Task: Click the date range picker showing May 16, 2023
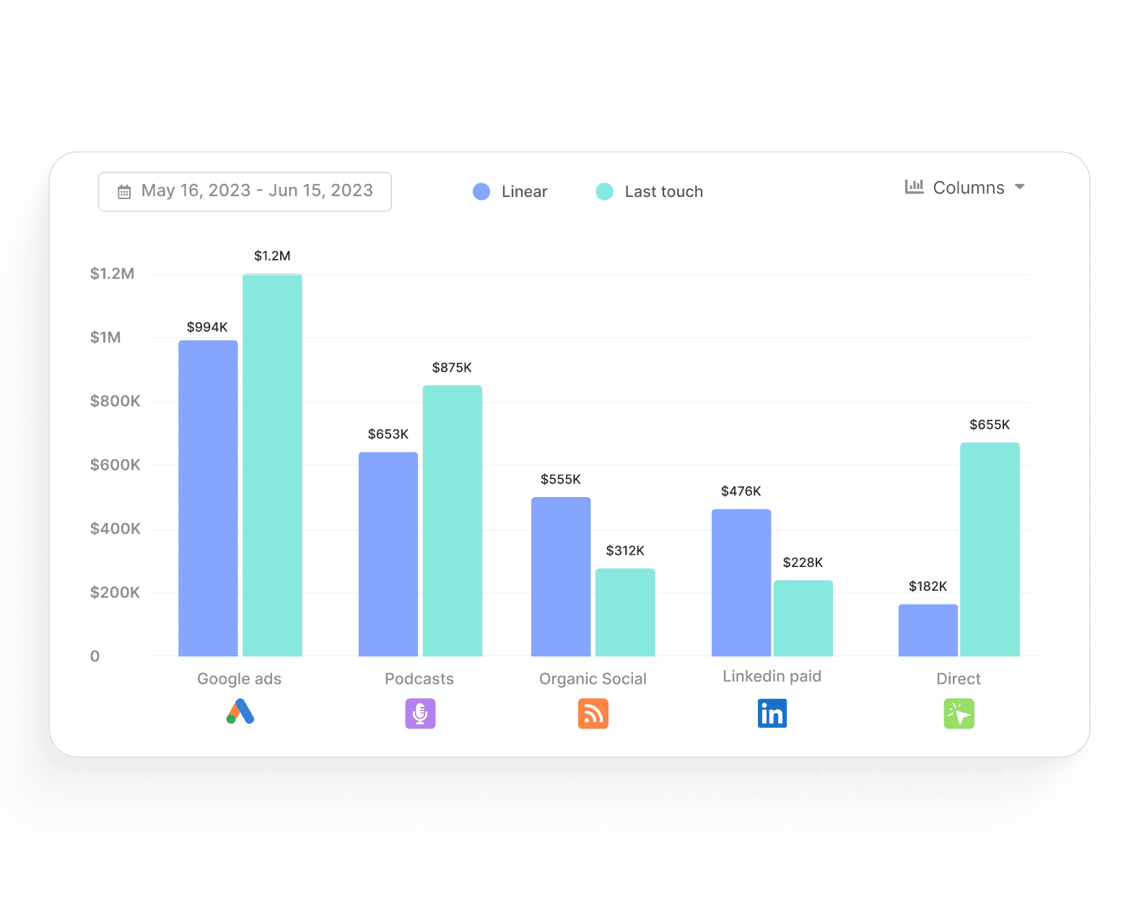click(245, 191)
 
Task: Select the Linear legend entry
click(510, 192)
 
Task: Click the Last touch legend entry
click(650, 192)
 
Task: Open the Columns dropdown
click(965, 188)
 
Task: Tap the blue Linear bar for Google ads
click(208, 498)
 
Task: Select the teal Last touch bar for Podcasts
click(453, 520)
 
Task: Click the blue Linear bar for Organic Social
click(561, 576)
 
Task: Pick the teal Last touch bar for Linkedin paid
click(803, 618)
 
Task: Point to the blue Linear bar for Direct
click(928, 630)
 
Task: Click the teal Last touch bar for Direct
click(990, 549)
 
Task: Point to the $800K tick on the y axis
click(115, 401)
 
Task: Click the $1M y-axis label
click(105, 338)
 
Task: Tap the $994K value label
click(207, 327)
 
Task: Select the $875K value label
click(452, 368)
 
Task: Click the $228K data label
click(803, 563)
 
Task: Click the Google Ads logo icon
click(240, 712)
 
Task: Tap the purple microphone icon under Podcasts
click(420, 713)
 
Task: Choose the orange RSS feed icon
click(593, 713)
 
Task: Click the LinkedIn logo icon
click(772, 713)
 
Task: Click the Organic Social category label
click(593, 679)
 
